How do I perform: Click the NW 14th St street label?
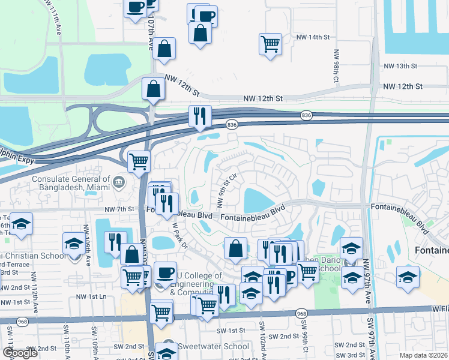[x=313, y=37]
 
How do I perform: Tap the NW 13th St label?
[x=400, y=67]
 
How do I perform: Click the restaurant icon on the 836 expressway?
[x=199, y=115]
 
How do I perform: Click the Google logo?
[x=20, y=353]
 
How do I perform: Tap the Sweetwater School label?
[x=213, y=346]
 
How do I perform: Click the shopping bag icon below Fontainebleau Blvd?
[x=236, y=249]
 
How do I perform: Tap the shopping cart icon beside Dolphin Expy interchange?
[x=139, y=161]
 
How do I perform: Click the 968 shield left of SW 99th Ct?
[x=301, y=314]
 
